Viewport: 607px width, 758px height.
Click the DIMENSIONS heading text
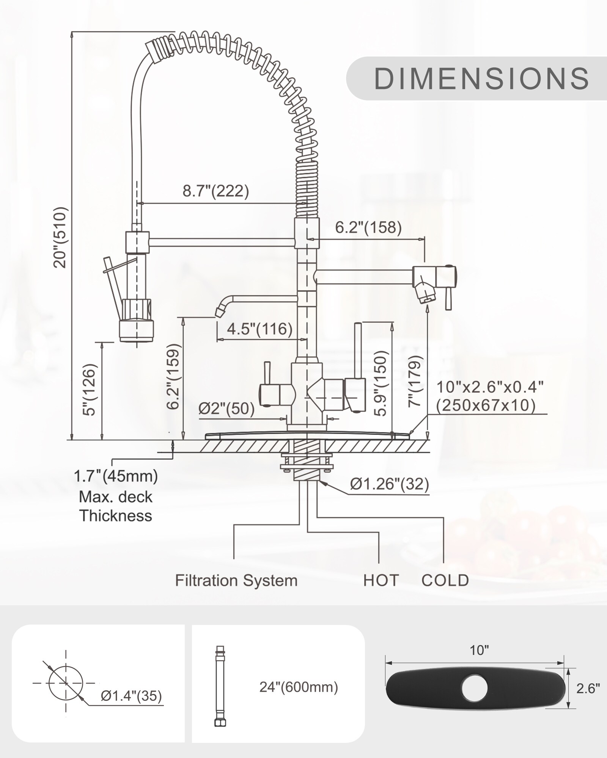point(481,78)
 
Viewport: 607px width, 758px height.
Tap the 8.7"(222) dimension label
point(215,191)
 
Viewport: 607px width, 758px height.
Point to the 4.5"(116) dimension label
point(259,329)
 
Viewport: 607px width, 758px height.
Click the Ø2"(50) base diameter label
point(226,409)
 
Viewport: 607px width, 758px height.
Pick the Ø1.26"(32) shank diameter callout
point(389,484)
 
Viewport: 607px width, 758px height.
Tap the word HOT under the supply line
point(381,581)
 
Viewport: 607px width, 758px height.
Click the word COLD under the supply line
point(445,581)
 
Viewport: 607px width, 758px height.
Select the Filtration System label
point(236,581)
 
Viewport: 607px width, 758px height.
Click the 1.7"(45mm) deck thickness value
point(116,476)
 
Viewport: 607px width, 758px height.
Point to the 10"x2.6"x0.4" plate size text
point(490,387)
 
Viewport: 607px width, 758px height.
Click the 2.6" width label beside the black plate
point(588,688)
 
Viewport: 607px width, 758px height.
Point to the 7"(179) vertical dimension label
point(415,381)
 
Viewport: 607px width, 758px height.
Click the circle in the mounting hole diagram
point(66,683)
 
